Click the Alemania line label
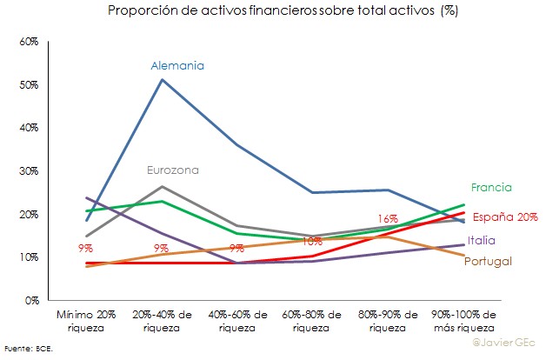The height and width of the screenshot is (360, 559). click(x=176, y=65)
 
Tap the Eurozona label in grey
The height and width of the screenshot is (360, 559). click(x=172, y=170)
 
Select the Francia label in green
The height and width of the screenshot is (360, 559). click(x=491, y=187)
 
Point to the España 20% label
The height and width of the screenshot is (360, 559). click(x=505, y=217)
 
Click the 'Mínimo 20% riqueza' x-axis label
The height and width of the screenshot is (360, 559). click(x=87, y=319)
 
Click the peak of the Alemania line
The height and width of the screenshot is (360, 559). click(x=162, y=80)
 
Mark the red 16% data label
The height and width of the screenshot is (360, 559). click(x=388, y=218)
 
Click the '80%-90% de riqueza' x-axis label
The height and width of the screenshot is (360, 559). click(x=388, y=319)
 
